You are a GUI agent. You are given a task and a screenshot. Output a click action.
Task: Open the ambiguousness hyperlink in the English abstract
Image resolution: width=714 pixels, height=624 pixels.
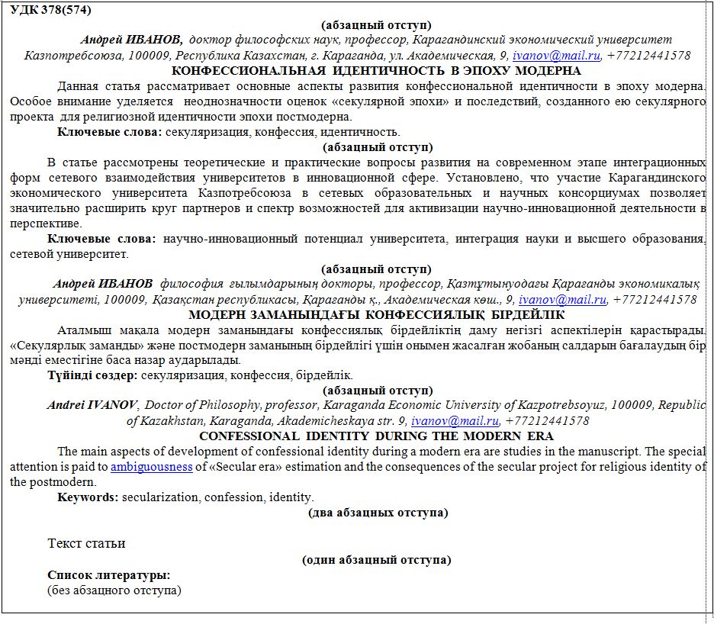(151, 467)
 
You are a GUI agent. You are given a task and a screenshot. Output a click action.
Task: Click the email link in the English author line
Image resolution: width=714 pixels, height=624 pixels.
(455, 421)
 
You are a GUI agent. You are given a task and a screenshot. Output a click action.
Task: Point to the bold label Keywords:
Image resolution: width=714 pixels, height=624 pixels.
(88, 497)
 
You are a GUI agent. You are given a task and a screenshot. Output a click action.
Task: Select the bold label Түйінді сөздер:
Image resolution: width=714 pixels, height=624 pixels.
(92, 375)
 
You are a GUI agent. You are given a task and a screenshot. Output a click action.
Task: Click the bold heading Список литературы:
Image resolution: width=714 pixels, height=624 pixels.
(108, 575)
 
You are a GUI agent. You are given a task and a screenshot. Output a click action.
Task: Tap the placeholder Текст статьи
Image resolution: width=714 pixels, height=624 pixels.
(86, 543)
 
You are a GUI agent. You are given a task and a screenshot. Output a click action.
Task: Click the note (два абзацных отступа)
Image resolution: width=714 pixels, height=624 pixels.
(377, 513)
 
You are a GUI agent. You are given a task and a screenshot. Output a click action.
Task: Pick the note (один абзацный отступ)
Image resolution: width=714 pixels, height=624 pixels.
(377, 560)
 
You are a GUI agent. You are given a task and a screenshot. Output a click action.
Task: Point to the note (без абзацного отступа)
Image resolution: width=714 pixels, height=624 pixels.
(114, 590)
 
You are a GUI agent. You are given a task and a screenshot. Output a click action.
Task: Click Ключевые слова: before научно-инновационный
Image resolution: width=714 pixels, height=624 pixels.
(101, 239)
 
